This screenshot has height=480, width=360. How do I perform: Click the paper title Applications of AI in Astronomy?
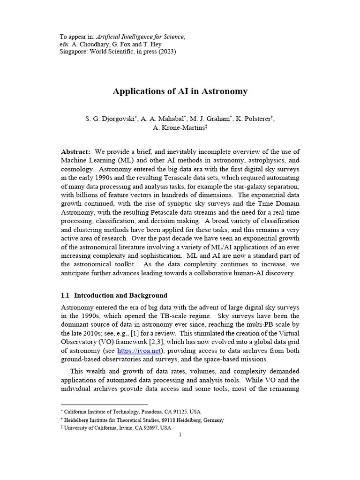point(180,91)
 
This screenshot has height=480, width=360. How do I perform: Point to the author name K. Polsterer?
point(254,119)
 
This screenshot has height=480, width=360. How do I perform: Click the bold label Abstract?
point(76,151)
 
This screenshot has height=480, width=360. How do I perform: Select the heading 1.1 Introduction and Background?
point(114,296)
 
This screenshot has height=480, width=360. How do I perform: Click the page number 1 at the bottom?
point(180,435)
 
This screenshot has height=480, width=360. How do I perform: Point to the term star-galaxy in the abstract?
point(247,187)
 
